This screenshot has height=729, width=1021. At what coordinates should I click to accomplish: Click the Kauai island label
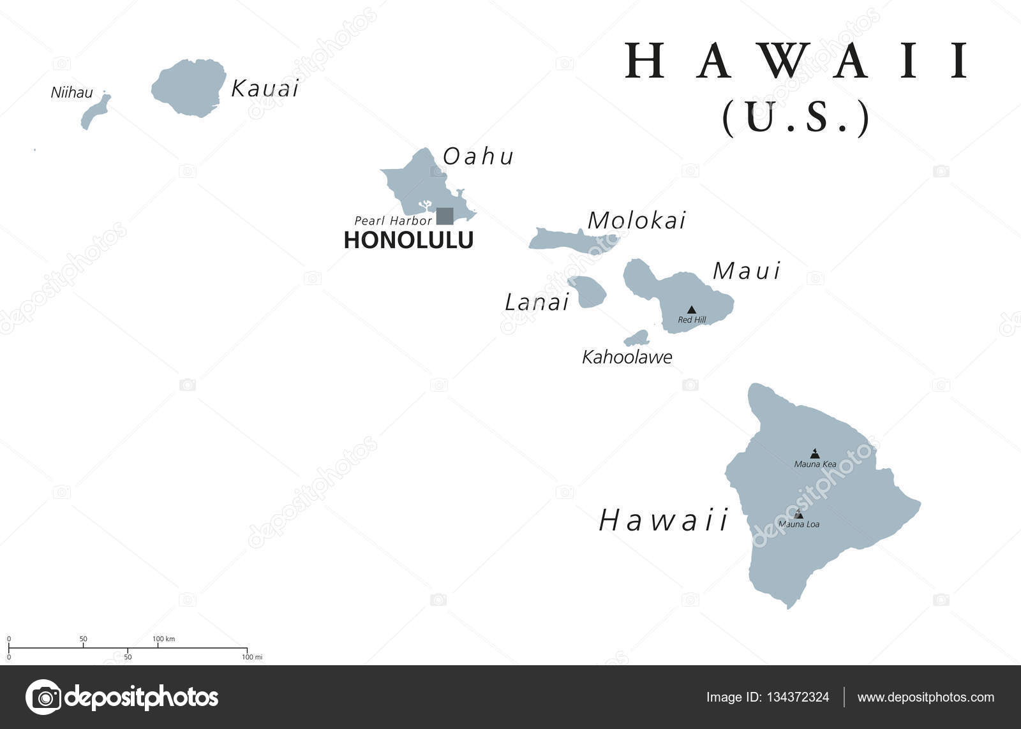tap(265, 89)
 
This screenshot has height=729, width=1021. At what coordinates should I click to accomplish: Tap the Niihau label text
tap(71, 93)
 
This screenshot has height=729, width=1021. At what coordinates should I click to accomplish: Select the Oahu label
tap(479, 157)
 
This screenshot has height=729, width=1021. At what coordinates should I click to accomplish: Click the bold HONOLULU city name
tap(408, 240)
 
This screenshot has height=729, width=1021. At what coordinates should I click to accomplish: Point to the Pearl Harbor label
tap(393, 221)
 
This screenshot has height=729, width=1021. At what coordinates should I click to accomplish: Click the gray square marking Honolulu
tap(445, 216)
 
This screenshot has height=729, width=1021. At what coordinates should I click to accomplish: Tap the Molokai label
tap(636, 221)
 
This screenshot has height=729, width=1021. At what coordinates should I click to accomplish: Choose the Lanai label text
tap(537, 303)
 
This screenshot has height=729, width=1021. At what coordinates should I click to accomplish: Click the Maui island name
tap(746, 272)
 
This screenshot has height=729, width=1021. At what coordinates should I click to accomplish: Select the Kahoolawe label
tap(627, 357)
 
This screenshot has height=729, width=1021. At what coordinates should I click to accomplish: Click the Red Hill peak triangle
tap(691, 310)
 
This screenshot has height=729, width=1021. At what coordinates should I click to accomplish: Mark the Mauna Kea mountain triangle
tap(814, 453)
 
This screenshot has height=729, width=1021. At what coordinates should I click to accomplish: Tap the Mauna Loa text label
tap(799, 525)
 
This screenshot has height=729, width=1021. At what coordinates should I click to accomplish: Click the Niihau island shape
tap(95, 112)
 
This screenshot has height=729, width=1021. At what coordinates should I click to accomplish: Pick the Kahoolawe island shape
tap(637, 338)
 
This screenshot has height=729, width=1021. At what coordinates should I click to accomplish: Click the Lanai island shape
tap(588, 291)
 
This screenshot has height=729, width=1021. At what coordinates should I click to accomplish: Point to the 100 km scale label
tap(163, 639)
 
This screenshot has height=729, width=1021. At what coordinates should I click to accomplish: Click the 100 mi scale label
tap(252, 657)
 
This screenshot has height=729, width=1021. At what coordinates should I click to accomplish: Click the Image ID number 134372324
tap(799, 697)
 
